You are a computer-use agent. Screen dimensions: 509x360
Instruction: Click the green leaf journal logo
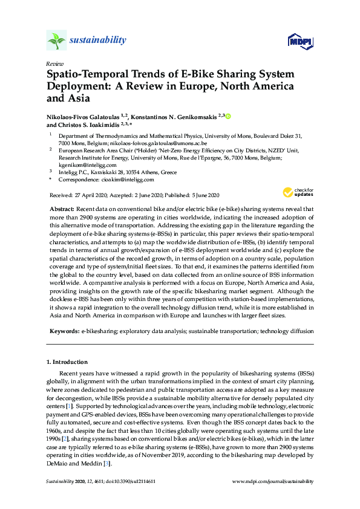point(56,41)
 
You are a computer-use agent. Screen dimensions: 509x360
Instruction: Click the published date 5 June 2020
point(201,195)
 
